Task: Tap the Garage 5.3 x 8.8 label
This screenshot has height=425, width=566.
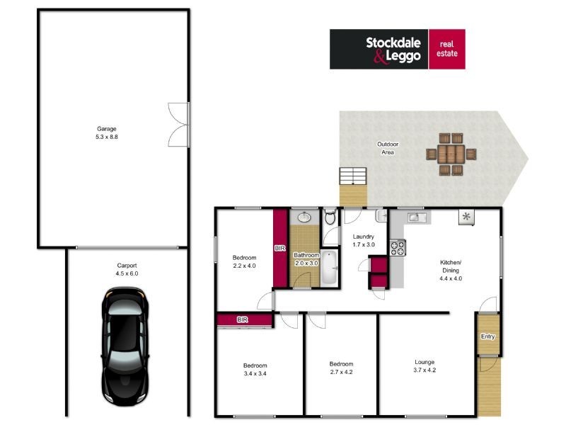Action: coord(107,132)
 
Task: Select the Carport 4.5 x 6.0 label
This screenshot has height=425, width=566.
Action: coord(127,269)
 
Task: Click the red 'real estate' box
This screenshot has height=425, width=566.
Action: coord(447,49)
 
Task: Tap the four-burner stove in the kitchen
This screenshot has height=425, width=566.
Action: coord(397,248)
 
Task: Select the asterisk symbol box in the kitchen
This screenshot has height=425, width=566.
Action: coord(466,217)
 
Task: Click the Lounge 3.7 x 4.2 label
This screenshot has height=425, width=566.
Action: coord(424,365)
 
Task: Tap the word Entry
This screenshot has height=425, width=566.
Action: coord(487,336)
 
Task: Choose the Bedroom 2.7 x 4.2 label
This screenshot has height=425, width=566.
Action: coord(341,368)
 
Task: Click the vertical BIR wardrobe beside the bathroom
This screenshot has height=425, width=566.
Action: coord(280,248)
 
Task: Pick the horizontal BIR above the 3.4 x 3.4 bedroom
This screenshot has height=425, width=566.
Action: coord(244,320)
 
